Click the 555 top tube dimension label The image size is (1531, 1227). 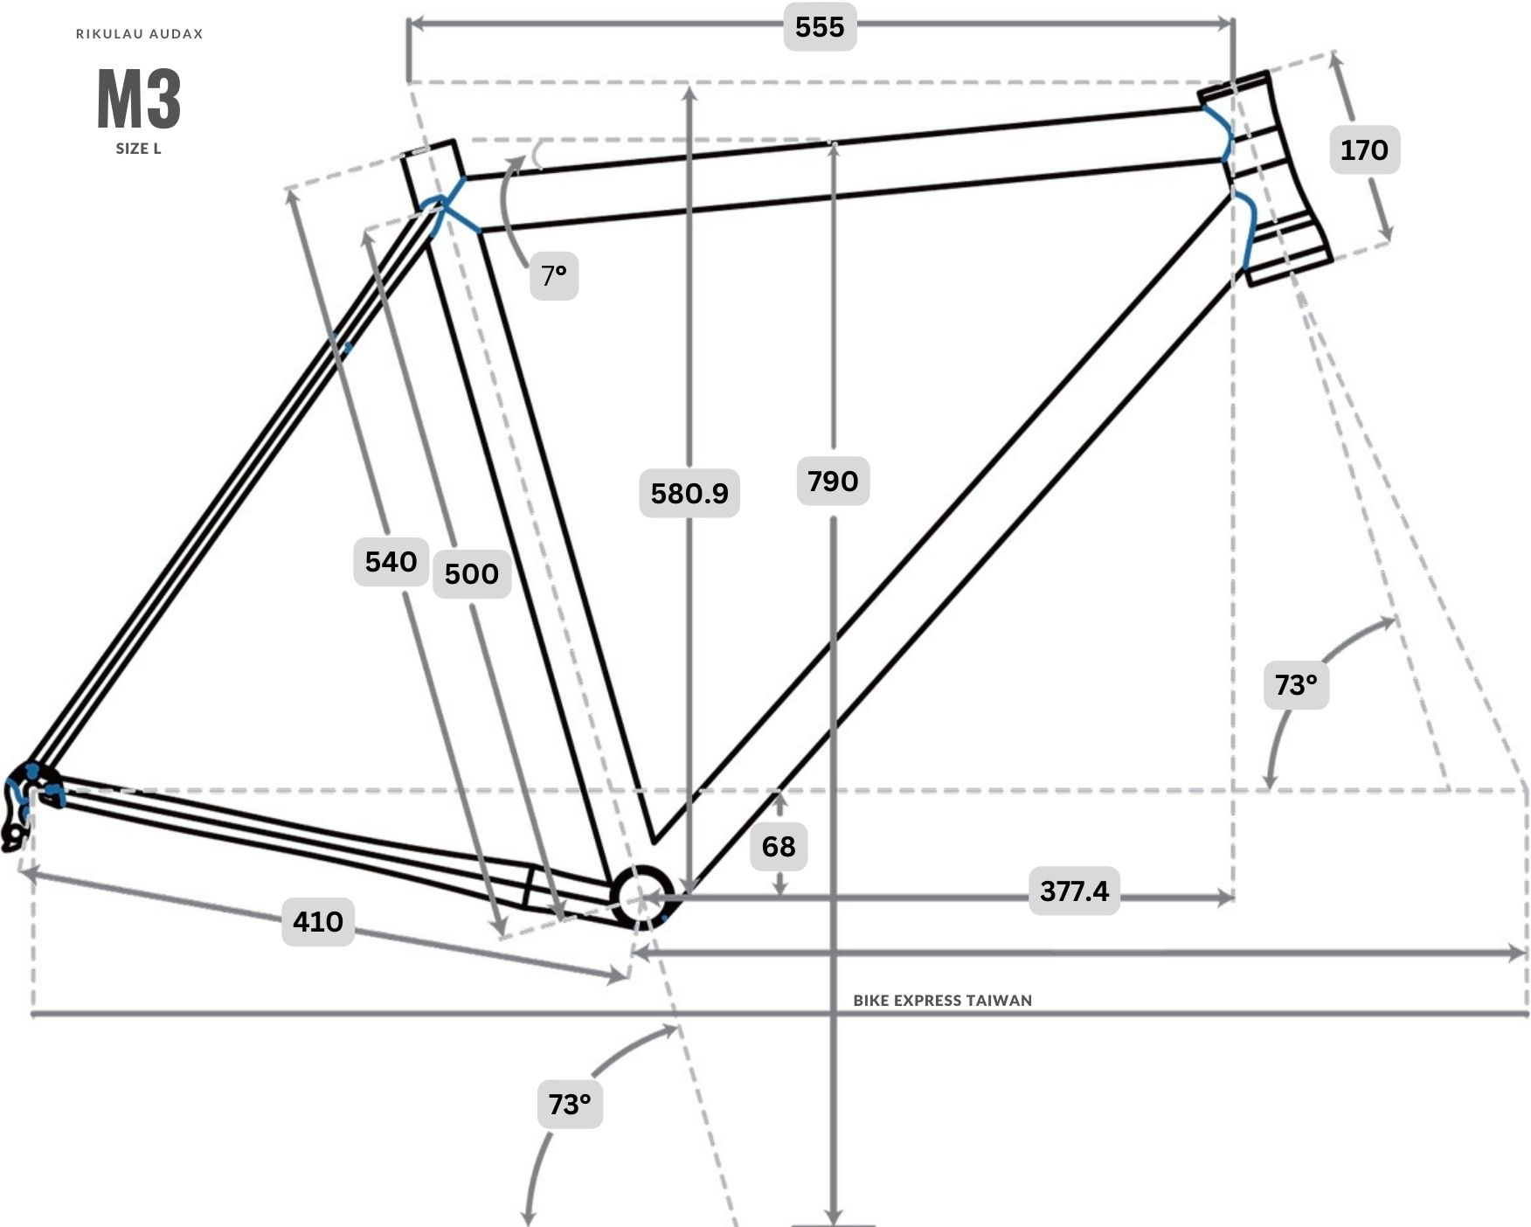(x=820, y=27)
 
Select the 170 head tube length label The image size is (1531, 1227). (x=1364, y=149)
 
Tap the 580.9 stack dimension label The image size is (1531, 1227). (x=689, y=493)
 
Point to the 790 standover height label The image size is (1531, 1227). (x=833, y=481)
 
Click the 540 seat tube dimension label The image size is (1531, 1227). (x=391, y=561)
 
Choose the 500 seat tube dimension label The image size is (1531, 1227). (x=472, y=573)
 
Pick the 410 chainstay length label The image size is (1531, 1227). (x=318, y=921)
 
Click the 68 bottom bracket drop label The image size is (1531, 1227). (x=779, y=846)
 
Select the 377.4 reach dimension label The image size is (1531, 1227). (x=1074, y=891)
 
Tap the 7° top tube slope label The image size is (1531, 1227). (x=554, y=275)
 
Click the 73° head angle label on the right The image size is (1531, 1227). (x=1296, y=684)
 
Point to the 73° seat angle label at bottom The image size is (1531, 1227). (x=570, y=1104)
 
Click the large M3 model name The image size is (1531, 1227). (x=139, y=99)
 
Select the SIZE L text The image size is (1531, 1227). (x=139, y=149)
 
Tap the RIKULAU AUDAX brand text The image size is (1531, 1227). (x=140, y=34)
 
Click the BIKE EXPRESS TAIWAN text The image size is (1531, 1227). (x=943, y=1000)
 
